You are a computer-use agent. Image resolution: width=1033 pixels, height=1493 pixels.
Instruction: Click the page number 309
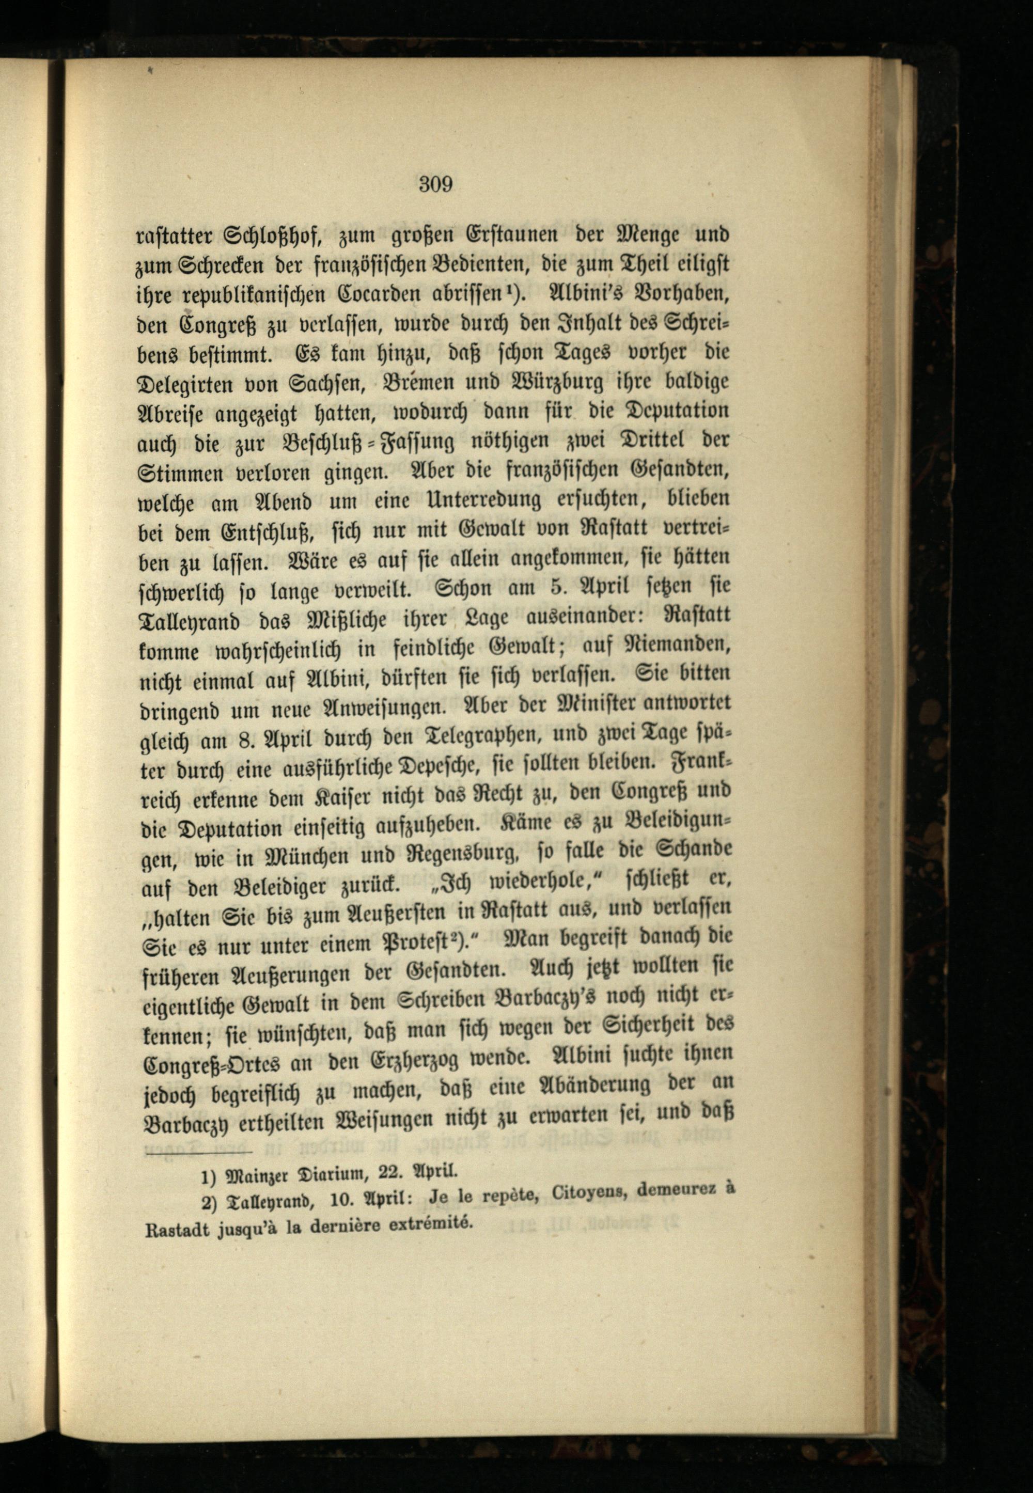tap(435, 185)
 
